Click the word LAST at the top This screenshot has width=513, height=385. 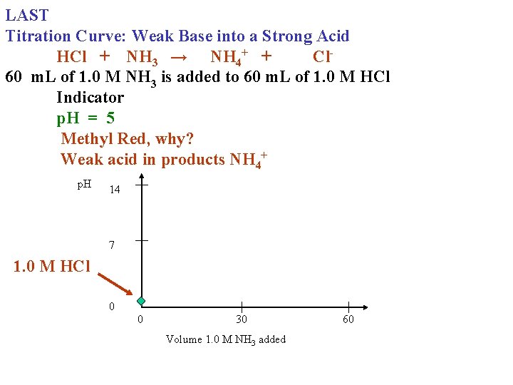pyautogui.click(x=26, y=15)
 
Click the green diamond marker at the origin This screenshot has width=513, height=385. pyautogui.click(x=141, y=301)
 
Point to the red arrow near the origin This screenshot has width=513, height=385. pyautogui.click(x=115, y=282)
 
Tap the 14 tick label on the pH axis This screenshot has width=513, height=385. pyautogui.click(x=115, y=190)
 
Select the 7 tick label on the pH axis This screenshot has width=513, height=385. pyautogui.click(x=112, y=245)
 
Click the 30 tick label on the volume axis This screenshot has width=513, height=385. pyautogui.click(x=242, y=319)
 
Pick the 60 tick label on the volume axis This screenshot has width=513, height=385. pyautogui.click(x=348, y=319)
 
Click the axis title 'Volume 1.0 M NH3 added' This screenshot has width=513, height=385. pyautogui.click(x=226, y=339)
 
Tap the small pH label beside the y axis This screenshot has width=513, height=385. pyautogui.click(x=84, y=185)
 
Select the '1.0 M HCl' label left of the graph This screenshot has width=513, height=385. pyautogui.click(x=52, y=267)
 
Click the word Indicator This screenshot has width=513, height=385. pyautogui.click(x=90, y=98)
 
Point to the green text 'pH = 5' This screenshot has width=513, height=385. pyautogui.click(x=85, y=118)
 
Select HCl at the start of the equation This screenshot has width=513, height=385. pyautogui.click(x=72, y=56)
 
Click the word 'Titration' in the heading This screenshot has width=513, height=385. pyautogui.click(x=38, y=36)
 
